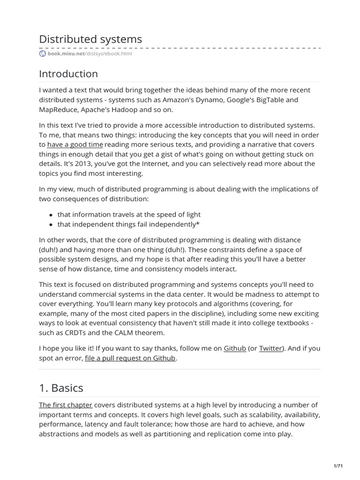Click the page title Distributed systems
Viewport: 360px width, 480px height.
click(90, 39)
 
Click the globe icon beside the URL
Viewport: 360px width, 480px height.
click(42, 54)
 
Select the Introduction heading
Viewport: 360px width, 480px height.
click(68, 74)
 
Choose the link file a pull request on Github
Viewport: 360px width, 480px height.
click(130, 359)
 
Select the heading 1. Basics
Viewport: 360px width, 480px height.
click(61, 388)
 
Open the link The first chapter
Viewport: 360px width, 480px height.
click(66, 405)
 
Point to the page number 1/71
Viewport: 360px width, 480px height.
click(338, 465)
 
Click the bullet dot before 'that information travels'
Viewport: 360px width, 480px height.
click(51, 215)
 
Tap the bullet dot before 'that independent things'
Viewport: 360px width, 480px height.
click(51, 225)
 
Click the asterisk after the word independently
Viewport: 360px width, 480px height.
click(198, 224)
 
